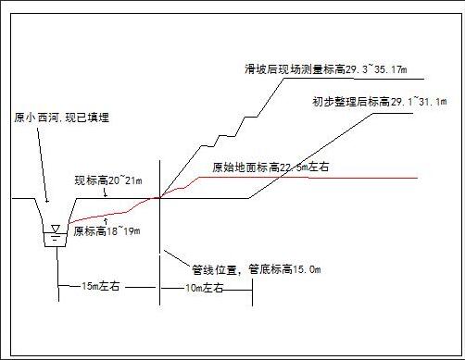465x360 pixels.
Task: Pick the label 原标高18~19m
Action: [107, 230]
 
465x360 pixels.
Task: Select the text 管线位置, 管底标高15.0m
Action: [257, 269]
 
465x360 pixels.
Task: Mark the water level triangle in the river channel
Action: [57, 227]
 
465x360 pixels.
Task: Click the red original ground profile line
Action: [324, 177]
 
